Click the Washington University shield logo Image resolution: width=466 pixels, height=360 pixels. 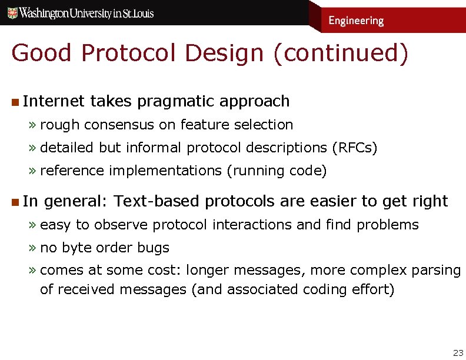[12, 13]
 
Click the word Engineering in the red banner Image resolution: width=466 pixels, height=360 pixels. [355, 21]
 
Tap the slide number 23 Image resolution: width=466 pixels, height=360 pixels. [458, 352]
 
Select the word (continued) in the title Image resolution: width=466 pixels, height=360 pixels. [340, 53]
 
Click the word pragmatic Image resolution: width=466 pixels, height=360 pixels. [175, 101]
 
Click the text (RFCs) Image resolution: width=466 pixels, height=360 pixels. [355, 148]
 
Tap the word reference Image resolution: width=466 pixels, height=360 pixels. [72, 171]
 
